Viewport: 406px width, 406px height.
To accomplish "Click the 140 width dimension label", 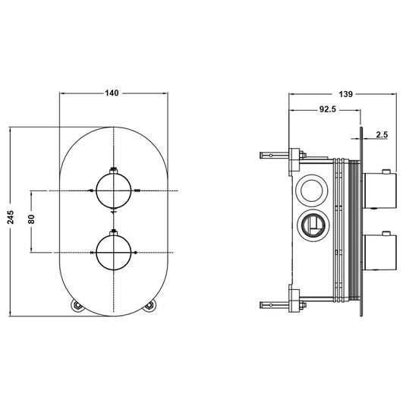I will point(112,93).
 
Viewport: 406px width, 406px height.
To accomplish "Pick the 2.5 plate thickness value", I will point(381,135).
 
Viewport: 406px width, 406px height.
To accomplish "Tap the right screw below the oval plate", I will point(149,306).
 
